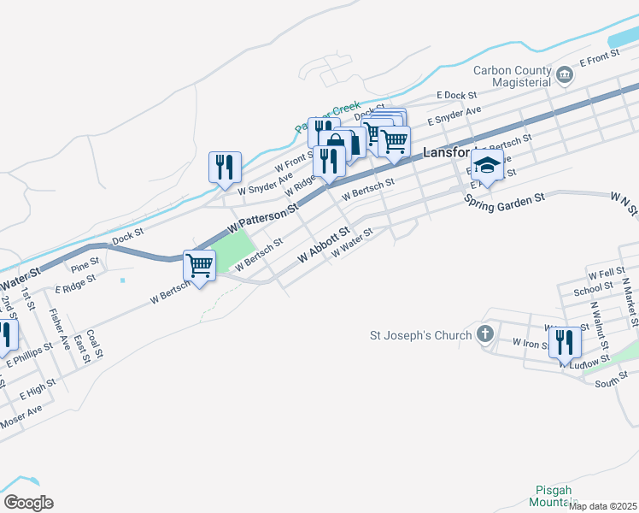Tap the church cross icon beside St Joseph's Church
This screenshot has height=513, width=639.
tap(486, 334)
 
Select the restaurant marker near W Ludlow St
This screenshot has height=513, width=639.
tap(564, 341)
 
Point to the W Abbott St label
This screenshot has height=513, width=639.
tap(324, 245)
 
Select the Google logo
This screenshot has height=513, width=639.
tap(28, 503)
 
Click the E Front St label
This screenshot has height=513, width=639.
tap(598, 62)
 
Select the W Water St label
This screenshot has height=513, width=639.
tap(352, 243)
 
